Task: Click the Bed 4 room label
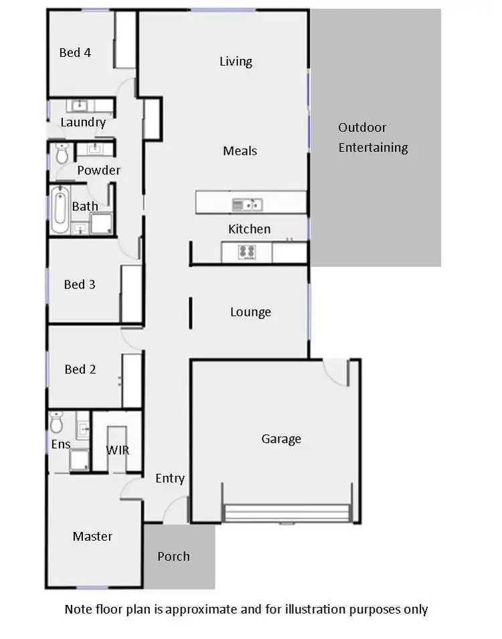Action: click(x=75, y=52)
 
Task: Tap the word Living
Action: click(x=236, y=62)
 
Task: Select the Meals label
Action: click(x=240, y=151)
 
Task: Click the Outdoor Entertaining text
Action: click(x=373, y=138)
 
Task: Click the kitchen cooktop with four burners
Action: click(x=247, y=252)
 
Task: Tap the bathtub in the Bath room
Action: click(x=60, y=209)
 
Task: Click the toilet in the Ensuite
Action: click(x=56, y=423)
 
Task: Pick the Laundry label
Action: click(x=83, y=122)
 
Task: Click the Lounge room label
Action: click(x=250, y=312)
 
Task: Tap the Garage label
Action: click(x=281, y=439)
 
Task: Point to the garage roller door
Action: click(x=288, y=513)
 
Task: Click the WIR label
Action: click(x=117, y=450)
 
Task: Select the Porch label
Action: click(x=173, y=557)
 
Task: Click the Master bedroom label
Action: click(x=92, y=537)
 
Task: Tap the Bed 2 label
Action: click(x=80, y=369)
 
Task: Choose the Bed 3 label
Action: click(x=80, y=285)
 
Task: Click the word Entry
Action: click(x=169, y=478)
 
